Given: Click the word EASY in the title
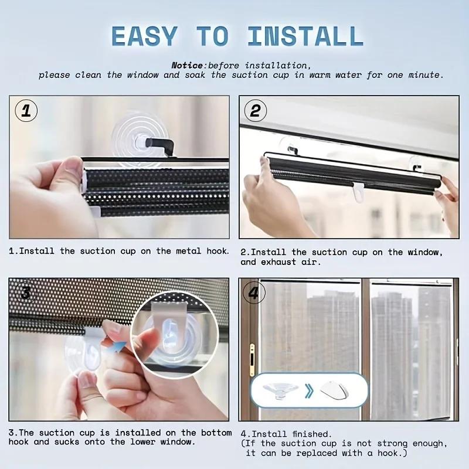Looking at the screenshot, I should pos(144,36).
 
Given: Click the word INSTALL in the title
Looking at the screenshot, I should pos(305,36).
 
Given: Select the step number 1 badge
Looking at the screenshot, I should pos(26,111).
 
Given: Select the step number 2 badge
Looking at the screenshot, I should pos(254,110).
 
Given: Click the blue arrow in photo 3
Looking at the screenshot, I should pos(120,348).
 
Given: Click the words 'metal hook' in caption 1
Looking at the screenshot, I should pos(199,251).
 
